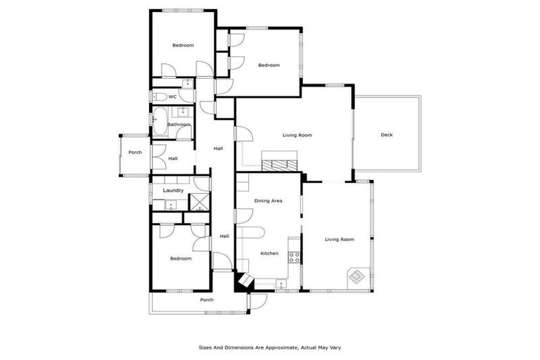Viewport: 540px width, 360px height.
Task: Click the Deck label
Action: [x=387, y=135]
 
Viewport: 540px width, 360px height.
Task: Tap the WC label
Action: [x=172, y=97]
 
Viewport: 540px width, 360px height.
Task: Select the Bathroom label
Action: [x=179, y=124]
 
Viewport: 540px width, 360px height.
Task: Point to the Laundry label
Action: [x=173, y=191]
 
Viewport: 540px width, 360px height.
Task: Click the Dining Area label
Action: [x=268, y=201]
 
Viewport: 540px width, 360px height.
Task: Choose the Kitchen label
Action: [x=269, y=253]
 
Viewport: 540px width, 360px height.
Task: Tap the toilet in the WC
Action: [x=158, y=97]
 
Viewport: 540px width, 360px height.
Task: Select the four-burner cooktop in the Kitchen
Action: [x=295, y=257]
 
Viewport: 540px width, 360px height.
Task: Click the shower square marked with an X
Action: [x=200, y=205]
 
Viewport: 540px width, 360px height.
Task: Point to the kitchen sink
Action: [x=281, y=285]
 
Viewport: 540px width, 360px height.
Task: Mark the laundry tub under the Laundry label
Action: [x=170, y=205]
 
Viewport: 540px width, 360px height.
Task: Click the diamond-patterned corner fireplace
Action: [x=358, y=276]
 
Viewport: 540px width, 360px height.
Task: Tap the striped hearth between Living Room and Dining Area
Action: [x=280, y=164]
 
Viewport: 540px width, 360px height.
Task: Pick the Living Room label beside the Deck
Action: [x=297, y=135]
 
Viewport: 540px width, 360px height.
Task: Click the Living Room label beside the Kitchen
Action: [x=339, y=240]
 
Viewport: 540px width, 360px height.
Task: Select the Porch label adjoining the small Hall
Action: [x=135, y=152]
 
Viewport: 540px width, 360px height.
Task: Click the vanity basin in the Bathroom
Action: [x=183, y=111]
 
